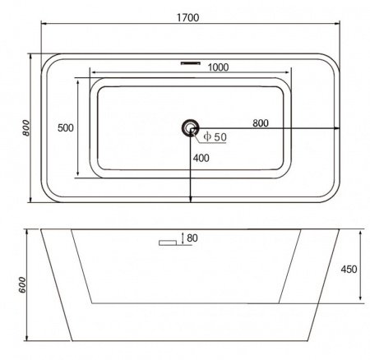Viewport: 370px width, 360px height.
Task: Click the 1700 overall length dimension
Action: coord(188,17)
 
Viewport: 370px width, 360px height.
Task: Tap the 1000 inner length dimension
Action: coord(218,67)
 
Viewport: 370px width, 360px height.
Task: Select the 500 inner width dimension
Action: coord(66,127)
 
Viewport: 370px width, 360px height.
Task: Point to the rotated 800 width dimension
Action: coord(25,127)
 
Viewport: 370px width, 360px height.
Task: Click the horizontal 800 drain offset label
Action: coord(261,123)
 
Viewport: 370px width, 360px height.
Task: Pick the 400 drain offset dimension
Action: coord(201,158)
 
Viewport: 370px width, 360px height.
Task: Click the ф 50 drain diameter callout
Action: coord(215,136)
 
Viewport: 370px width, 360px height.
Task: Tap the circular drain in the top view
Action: coord(190,127)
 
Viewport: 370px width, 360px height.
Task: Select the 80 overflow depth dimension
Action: coord(192,238)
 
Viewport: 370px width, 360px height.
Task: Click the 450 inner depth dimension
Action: coord(349,269)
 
